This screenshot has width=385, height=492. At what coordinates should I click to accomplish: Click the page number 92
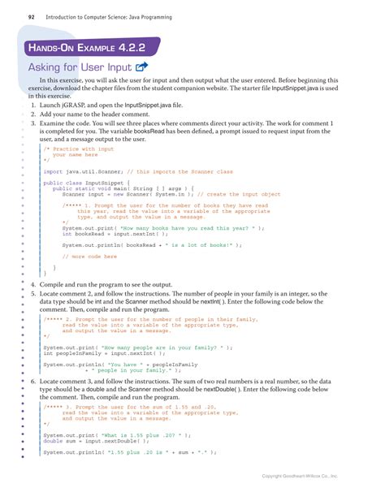tap(31, 15)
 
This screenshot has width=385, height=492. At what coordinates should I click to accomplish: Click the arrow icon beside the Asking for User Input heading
tap(141, 67)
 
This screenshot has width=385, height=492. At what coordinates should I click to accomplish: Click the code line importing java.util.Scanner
tap(138, 171)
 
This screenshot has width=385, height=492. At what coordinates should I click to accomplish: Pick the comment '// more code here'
tap(89, 256)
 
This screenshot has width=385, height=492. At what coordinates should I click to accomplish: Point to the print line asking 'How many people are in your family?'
tap(134, 347)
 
